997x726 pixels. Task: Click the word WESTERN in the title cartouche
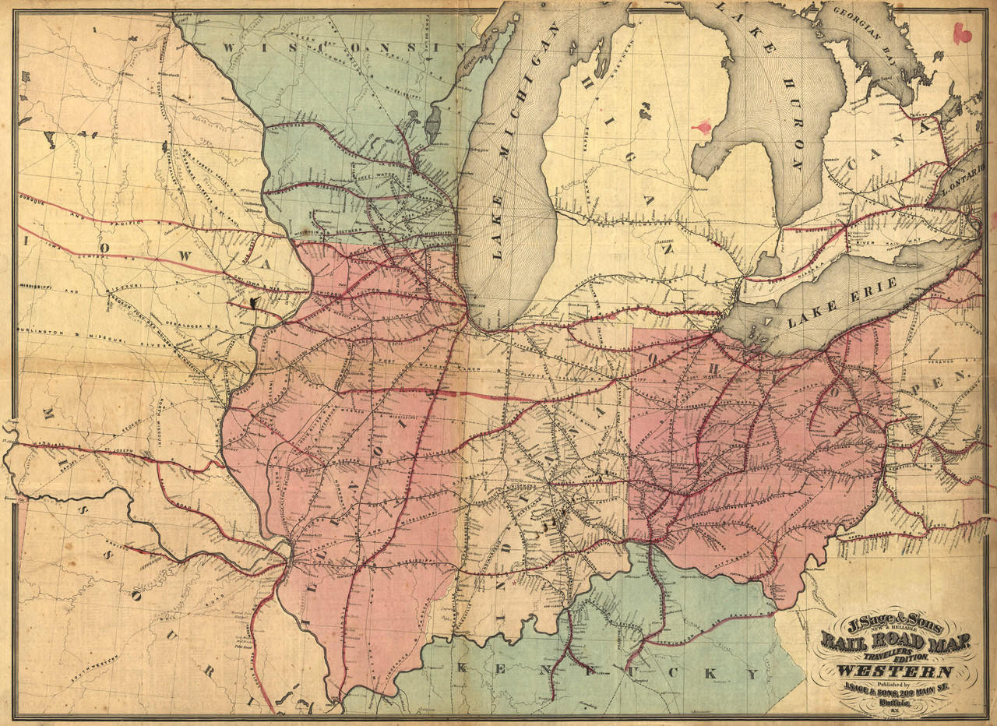pos(894,671)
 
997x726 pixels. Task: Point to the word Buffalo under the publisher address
pos(894,700)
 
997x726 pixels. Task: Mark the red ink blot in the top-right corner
pos(963,33)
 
